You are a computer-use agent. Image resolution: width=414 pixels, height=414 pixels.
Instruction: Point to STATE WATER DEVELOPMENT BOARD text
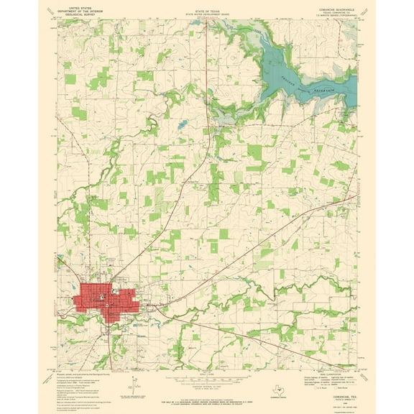(206, 12)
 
